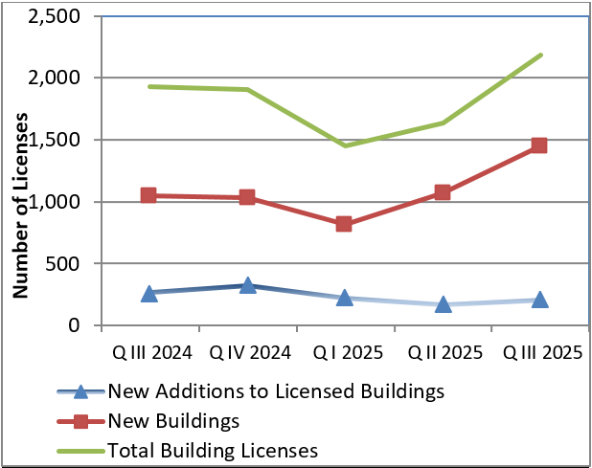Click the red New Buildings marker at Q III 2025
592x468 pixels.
pos(539,145)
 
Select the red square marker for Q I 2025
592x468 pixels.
pos(344,224)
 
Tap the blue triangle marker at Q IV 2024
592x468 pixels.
pos(247,285)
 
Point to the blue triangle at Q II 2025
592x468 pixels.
pos(443,304)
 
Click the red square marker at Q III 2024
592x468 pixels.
pos(148,195)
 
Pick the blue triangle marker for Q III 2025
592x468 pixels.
pos(539,300)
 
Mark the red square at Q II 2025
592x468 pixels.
pos(443,192)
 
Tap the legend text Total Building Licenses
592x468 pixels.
pos(213,449)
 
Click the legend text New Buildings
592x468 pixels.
pos(172,420)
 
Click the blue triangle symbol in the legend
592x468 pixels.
pos(81,390)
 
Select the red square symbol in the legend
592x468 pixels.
pos(81,420)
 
